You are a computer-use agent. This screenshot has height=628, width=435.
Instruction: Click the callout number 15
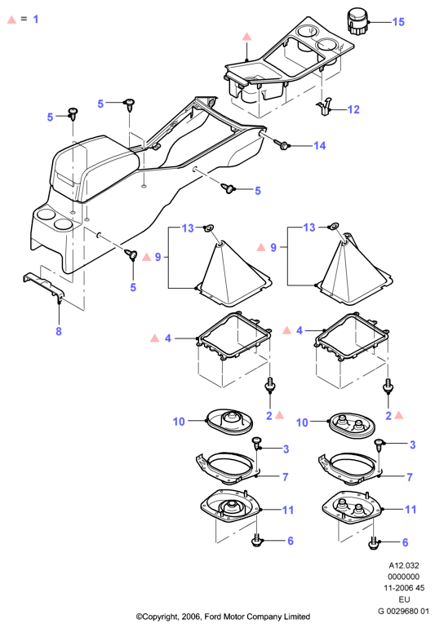pos(398,22)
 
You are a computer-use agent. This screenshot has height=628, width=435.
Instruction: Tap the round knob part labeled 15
pos(357,23)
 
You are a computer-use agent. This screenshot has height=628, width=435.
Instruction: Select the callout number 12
pos(353,109)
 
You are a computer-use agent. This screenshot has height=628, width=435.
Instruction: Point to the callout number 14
pos(320,145)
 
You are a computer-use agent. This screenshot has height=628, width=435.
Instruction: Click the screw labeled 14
pos(282,144)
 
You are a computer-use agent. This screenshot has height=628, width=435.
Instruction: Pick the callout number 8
pos(59,331)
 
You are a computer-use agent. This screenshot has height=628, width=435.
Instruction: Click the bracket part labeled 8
pos(44,286)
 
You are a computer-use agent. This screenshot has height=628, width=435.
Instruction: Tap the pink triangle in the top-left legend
pos(11,20)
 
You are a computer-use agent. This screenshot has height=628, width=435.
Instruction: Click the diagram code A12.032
pos(404,565)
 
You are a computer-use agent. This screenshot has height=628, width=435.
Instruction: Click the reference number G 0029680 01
pos(403,611)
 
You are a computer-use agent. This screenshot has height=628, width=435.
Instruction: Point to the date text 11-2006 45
pos(404,588)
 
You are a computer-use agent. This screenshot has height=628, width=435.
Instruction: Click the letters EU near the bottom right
pos(404,599)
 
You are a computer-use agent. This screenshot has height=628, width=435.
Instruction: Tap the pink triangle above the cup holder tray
pos(247,37)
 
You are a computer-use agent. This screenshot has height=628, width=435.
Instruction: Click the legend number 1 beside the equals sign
pos(36,19)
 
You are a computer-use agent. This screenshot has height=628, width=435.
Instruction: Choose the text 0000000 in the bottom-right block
pos(404,577)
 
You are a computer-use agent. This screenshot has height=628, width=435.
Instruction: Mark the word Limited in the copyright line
pos(297,617)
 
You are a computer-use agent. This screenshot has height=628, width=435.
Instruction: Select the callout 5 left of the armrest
pos(50,117)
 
